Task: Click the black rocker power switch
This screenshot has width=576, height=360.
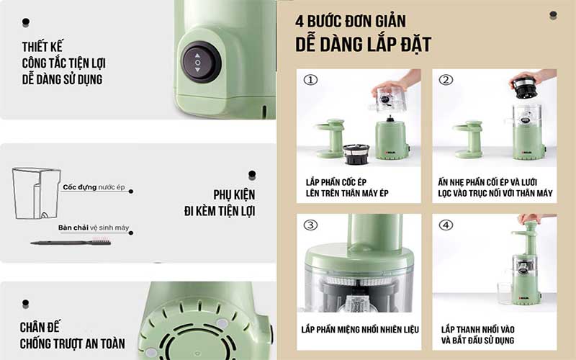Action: [202, 62]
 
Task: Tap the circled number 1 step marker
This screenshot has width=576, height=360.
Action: [310, 80]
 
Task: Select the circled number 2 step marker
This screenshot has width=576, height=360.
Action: [446, 80]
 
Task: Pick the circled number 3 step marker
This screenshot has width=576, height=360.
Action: [310, 225]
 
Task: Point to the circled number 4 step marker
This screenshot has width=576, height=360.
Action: [446, 225]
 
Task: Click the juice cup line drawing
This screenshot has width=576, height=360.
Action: [35, 193]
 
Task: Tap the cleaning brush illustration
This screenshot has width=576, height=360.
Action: [71, 242]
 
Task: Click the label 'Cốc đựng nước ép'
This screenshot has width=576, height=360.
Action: [94, 187]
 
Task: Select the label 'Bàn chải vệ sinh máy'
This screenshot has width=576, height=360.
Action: [94, 228]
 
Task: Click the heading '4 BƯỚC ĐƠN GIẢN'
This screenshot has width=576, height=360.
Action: [351, 21]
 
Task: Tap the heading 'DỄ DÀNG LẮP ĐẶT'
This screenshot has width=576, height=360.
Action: [363, 44]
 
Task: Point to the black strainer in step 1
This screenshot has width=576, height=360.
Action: [356, 154]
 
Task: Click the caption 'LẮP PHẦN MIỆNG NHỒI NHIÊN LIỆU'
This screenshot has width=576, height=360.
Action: [360, 330]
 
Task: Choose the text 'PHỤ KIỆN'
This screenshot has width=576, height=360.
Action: [234, 194]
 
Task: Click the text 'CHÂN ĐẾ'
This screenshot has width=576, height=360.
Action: [40, 327]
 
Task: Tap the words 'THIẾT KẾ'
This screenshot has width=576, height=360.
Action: [42, 47]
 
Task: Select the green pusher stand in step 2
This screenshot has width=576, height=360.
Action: [467, 139]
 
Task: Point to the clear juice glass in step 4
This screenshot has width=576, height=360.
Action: [505, 293]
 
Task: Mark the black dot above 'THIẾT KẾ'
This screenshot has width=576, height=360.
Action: [26, 22]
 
